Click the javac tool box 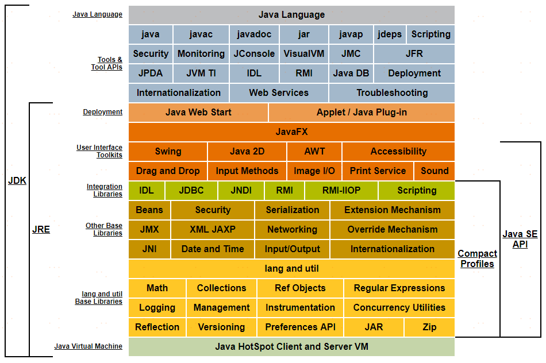pyautogui.click(x=201, y=34)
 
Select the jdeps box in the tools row pyautogui.click(x=390, y=34)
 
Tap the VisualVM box pyautogui.click(x=303, y=54)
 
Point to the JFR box pyautogui.click(x=414, y=54)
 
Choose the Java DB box pyautogui.click(x=351, y=74)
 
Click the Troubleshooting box pyautogui.click(x=392, y=93)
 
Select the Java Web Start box pyautogui.click(x=198, y=113)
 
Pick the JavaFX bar pyautogui.click(x=291, y=132)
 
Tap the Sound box pyautogui.click(x=435, y=171)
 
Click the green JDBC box pyautogui.click(x=191, y=190)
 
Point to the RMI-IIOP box pyautogui.click(x=341, y=190)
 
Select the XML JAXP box pyautogui.click(x=213, y=229)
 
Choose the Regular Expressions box pyautogui.click(x=399, y=288)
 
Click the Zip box pyautogui.click(x=429, y=327)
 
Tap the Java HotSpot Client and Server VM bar pyautogui.click(x=291, y=347)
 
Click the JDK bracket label pyautogui.click(x=17, y=180)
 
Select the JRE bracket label pyautogui.click(x=41, y=229)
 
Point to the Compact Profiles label pyautogui.click(x=478, y=258)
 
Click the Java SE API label pyautogui.click(x=520, y=239)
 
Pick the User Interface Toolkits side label pyautogui.click(x=99, y=151)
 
